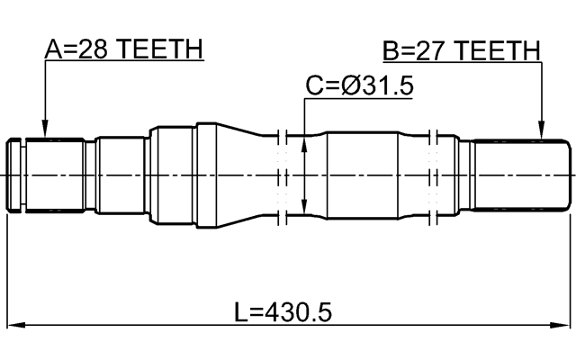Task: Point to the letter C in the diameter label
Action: (x=314, y=86)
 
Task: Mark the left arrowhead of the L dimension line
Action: (x=16, y=325)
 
